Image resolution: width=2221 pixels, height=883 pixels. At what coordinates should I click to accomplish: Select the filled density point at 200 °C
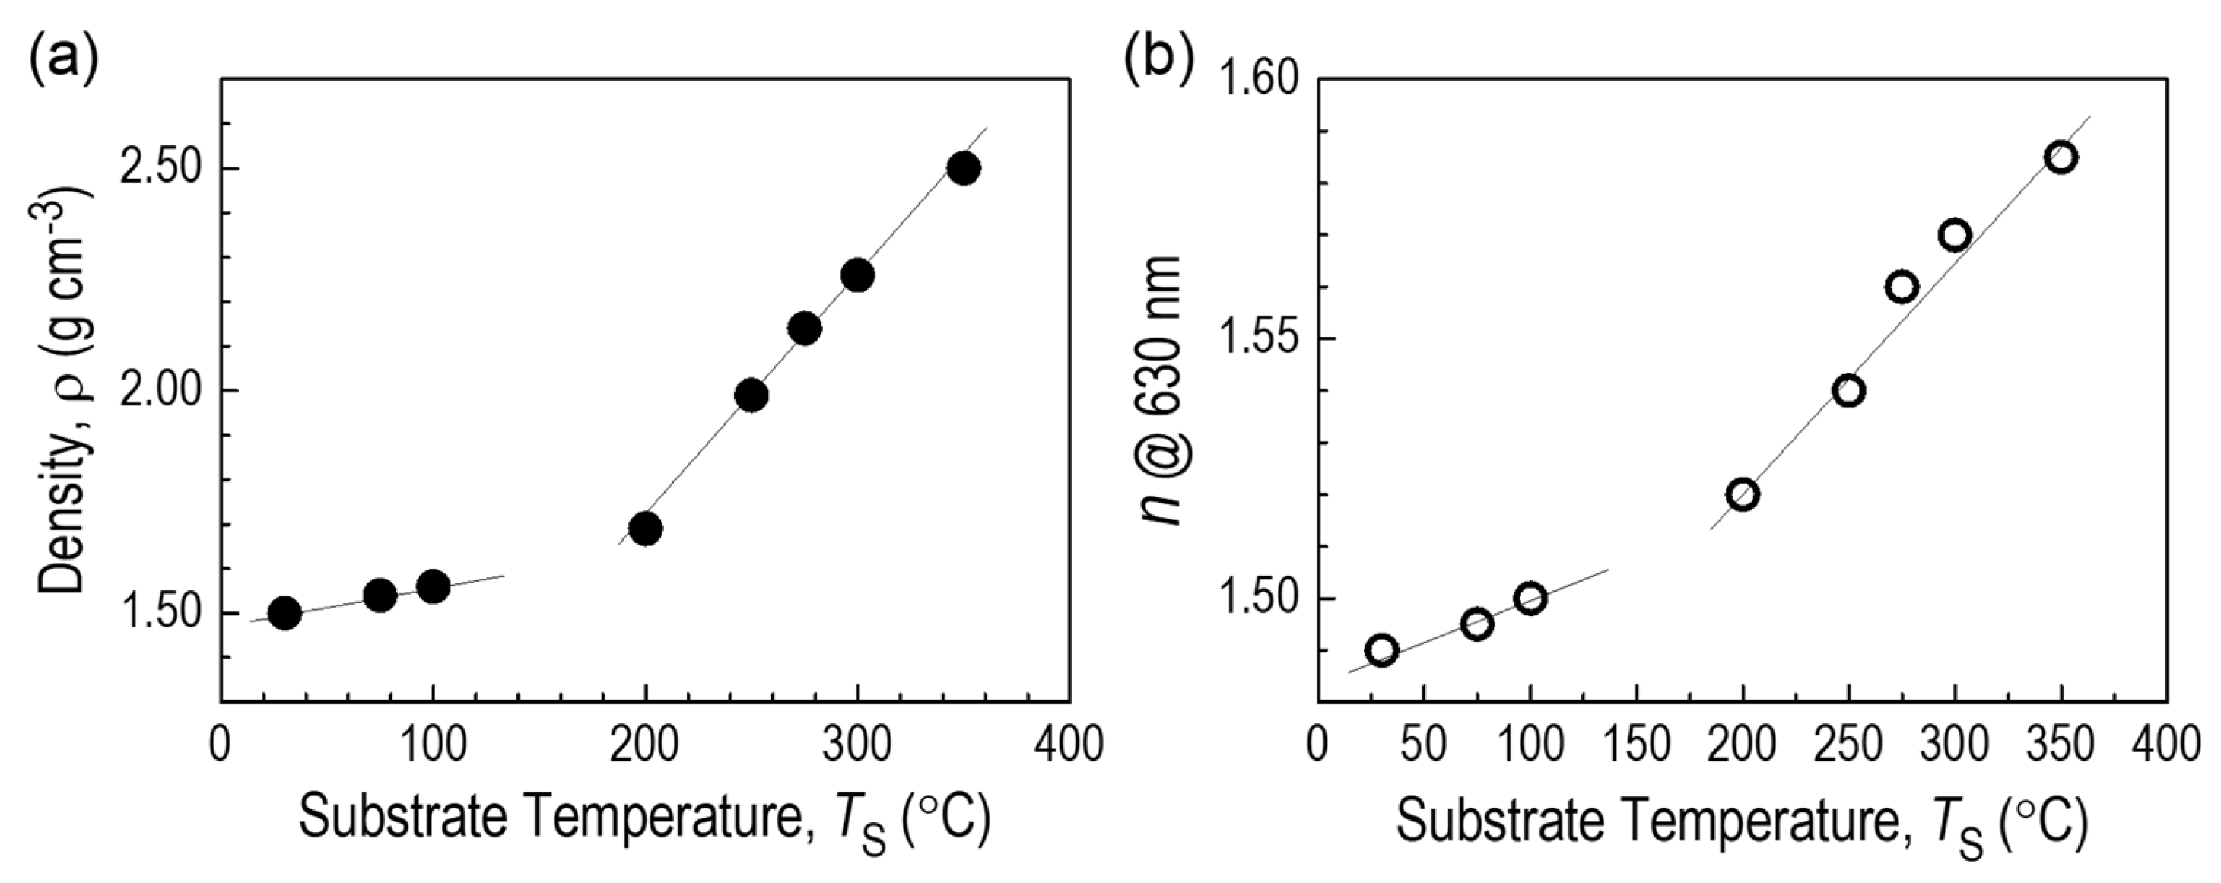point(645,528)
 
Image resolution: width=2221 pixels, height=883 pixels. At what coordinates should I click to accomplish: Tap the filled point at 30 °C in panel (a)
point(284,613)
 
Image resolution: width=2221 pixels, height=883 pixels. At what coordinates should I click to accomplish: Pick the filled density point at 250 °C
point(751,395)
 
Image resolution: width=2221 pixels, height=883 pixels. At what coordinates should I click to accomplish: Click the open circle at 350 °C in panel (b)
point(2061,157)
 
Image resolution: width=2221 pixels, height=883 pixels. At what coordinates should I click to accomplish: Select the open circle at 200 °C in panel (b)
point(1743,495)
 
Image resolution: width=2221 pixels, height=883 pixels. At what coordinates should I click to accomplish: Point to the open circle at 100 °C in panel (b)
point(1530,598)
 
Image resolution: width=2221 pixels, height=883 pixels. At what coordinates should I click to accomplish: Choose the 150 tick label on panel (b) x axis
point(1635,744)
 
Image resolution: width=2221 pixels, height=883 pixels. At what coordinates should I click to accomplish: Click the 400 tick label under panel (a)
point(1069,744)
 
